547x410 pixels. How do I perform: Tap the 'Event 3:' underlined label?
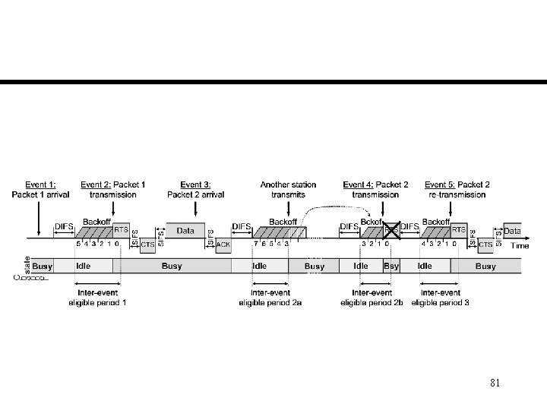point(195,184)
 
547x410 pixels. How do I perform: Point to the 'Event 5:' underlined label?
point(440,184)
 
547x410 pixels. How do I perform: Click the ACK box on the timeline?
point(223,244)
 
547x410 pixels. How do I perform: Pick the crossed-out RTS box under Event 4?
point(392,228)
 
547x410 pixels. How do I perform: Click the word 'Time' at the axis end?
point(520,245)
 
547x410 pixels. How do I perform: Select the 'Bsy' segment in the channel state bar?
point(391,266)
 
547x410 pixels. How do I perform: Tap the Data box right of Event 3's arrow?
point(185,230)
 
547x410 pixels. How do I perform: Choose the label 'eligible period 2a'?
point(270,302)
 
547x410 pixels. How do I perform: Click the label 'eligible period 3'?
point(441,302)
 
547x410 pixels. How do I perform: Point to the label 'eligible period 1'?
point(97,302)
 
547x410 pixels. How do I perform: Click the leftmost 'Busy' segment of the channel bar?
point(43,266)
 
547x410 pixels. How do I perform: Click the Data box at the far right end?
point(512,230)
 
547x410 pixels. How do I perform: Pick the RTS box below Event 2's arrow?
point(121,229)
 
